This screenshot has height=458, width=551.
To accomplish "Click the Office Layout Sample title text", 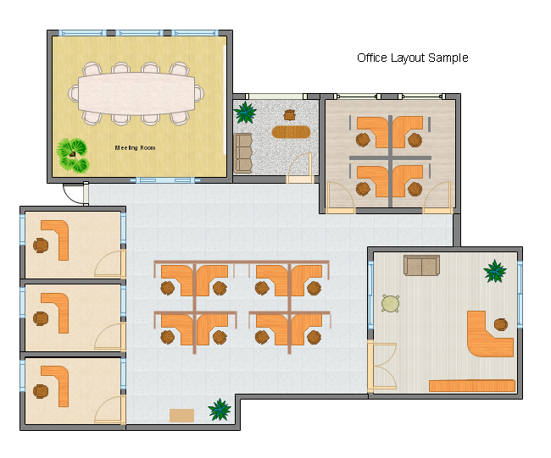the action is [x=413, y=58].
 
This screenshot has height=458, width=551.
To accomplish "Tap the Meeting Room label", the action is [x=136, y=148].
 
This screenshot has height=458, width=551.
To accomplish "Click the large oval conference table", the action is [x=136, y=94].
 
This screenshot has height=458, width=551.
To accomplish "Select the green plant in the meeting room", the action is [x=73, y=156].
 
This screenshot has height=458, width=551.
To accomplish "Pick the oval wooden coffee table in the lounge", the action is [x=291, y=132].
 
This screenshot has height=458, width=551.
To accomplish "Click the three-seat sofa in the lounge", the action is [x=242, y=153].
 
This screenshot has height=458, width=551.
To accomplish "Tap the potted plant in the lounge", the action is [x=245, y=113].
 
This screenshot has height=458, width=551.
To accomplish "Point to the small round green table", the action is [x=391, y=304].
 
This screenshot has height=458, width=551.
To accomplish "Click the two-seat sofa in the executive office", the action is [x=421, y=265].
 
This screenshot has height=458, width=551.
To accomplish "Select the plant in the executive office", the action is [x=495, y=271].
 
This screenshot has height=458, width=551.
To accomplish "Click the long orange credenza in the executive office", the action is [x=472, y=386].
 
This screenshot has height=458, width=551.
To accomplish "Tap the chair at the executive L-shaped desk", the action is [x=501, y=324].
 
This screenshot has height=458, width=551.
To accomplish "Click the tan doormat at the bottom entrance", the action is [x=181, y=416].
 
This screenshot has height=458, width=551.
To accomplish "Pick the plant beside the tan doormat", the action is [x=220, y=409].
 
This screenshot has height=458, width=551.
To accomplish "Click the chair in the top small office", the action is [x=41, y=246].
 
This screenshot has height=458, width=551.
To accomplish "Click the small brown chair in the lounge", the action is [x=290, y=115].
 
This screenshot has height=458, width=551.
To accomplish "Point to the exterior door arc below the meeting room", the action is [x=70, y=198].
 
